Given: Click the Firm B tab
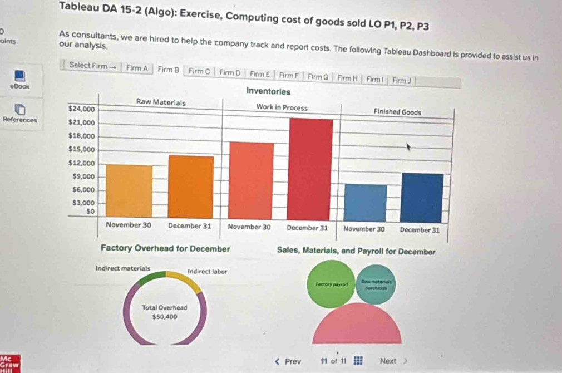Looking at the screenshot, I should tap(168, 70).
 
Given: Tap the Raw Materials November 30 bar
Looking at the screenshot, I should tap(129, 192).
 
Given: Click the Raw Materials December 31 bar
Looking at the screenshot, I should tap(191, 187).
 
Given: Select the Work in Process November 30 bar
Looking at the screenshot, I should tap(251, 180).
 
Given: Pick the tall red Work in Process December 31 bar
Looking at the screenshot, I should tap(311, 169).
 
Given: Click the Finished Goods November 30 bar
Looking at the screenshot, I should tap(365, 203).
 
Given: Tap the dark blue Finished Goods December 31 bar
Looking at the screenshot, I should tap(422, 198).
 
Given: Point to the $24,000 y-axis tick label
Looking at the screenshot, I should tap(81, 108).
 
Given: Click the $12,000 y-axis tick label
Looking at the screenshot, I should tap(81, 163).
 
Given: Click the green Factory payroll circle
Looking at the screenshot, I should tap(332, 284).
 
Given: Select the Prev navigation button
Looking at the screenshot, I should tap(288, 361).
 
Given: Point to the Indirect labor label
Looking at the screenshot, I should tap(207, 271).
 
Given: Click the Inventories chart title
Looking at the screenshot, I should tap(268, 90).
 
